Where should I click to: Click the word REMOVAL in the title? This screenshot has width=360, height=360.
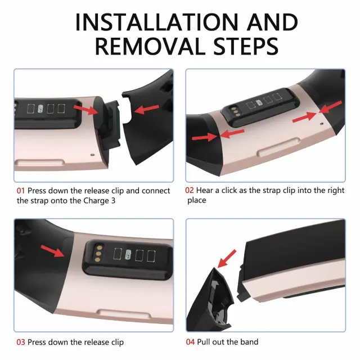[150, 47]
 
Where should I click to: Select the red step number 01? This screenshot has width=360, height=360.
[21, 191]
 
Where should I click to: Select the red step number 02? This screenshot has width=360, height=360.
[190, 190]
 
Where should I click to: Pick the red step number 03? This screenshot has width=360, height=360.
[21, 342]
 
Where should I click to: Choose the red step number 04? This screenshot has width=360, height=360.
[190, 342]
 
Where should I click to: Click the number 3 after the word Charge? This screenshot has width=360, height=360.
[113, 201]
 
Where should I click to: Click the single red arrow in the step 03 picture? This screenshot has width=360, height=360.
[52, 251]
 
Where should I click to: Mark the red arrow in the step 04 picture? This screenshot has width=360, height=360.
[227, 259]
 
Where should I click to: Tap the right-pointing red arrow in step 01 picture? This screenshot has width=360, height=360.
[86, 109]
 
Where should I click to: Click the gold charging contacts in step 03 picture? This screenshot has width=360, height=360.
[98, 254]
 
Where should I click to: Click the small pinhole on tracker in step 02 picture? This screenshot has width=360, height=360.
[322, 124]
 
